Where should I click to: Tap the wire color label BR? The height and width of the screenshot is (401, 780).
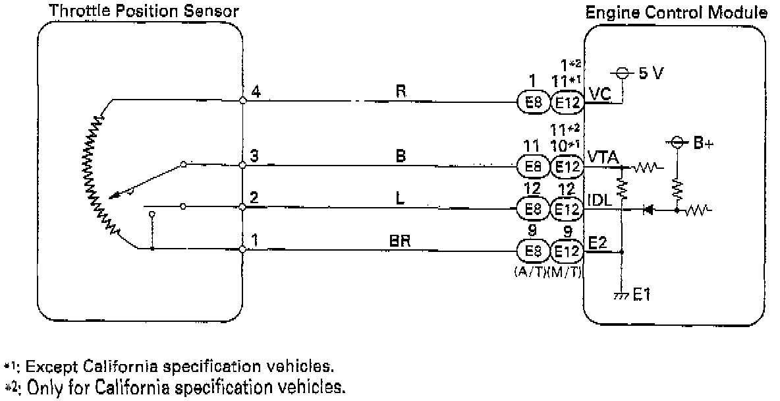pyautogui.click(x=401, y=241)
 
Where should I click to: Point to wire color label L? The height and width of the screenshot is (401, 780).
pyautogui.click(x=399, y=199)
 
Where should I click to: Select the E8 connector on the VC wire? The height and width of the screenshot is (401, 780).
pyautogui.click(x=530, y=102)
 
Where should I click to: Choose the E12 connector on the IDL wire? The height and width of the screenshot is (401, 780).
pyautogui.click(x=567, y=210)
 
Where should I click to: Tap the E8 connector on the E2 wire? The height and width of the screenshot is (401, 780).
pyautogui.click(x=530, y=252)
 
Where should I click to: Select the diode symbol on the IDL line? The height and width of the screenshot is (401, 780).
pyautogui.click(x=648, y=210)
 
